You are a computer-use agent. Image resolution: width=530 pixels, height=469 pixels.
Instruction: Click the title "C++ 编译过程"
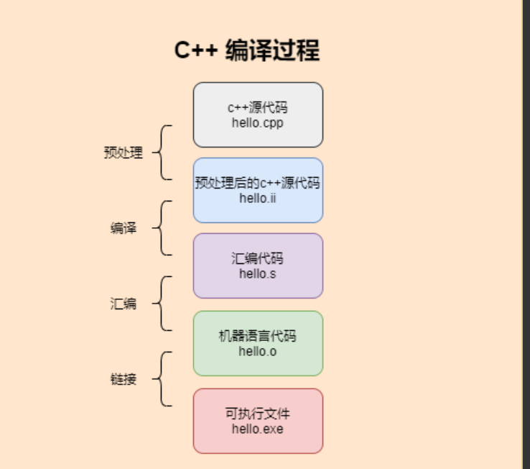tap(247, 51)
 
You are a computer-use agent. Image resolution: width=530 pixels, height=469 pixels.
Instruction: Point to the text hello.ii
tap(258, 198)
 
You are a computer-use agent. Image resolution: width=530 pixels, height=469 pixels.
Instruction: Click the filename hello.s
tap(258, 273)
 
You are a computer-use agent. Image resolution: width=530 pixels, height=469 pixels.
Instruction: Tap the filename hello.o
tap(258, 351)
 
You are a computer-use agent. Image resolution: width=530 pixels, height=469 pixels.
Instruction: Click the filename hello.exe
tap(258, 429)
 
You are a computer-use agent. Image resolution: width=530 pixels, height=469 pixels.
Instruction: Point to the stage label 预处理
tap(124, 152)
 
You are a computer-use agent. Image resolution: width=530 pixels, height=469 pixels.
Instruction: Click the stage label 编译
tap(124, 228)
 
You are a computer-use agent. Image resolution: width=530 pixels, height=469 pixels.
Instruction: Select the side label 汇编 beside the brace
tap(124, 304)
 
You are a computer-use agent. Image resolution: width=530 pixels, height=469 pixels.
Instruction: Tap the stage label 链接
tap(124, 379)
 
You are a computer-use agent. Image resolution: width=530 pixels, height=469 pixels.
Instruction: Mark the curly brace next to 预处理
tap(164, 152)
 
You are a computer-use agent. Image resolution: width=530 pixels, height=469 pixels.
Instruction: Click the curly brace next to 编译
tap(164, 228)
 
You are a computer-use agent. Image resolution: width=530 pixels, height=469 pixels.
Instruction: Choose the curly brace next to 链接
tap(164, 379)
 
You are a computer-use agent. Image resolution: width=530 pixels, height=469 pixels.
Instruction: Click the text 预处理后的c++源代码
tap(258, 183)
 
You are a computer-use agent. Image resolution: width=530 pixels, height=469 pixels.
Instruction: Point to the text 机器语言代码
tap(258, 336)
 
